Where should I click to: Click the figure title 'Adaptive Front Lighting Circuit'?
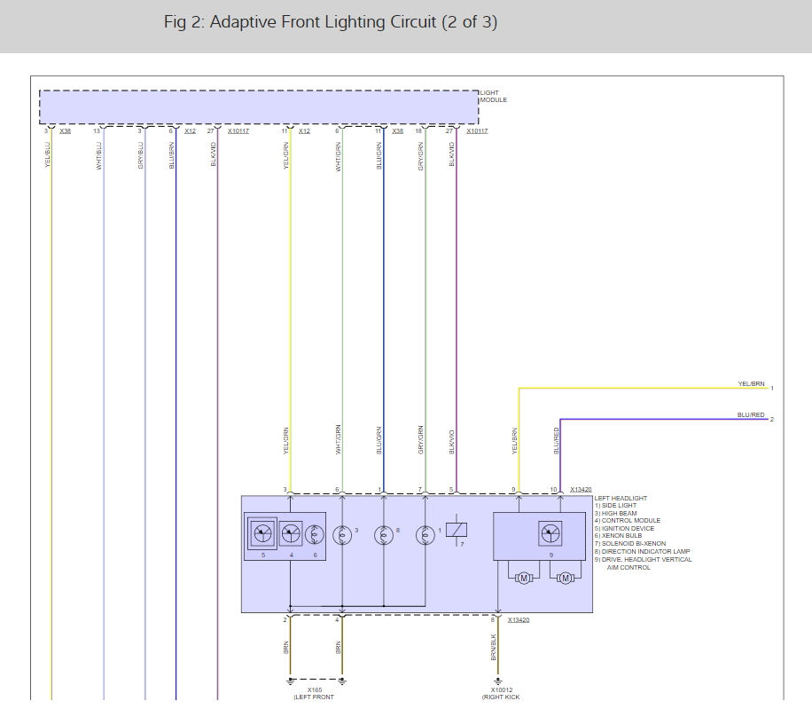(x=330, y=22)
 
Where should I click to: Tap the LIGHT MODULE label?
(x=493, y=96)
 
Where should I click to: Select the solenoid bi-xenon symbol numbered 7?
(x=457, y=530)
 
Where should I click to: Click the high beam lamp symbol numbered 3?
(x=341, y=535)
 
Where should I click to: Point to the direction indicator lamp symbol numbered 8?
(x=384, y=535)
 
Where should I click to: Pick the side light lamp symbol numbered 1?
(x=426, y=535)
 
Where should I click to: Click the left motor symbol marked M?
(x=523, y=579)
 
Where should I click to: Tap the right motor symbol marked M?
(x=564, y=579)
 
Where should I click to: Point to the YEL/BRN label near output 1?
(x=751, y=384)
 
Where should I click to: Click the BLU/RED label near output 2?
(x=750, y=414)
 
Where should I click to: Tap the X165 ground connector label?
(x=315, y=689)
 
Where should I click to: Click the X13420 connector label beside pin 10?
(x=581, y=489)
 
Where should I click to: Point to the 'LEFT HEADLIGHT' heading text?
(x=621, y=498)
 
